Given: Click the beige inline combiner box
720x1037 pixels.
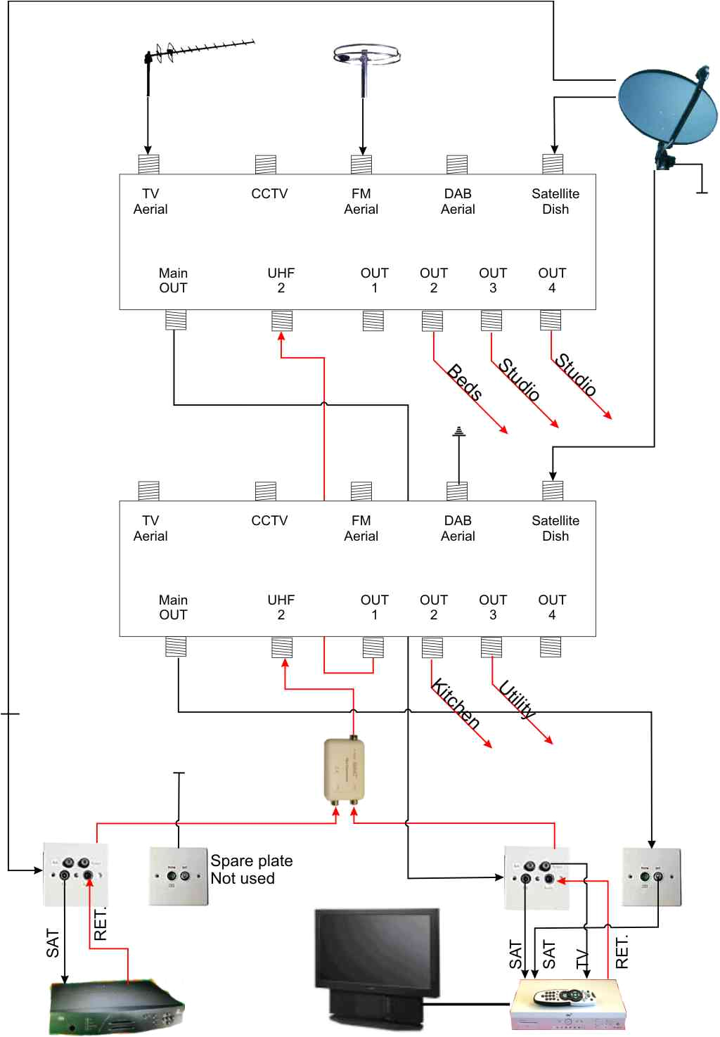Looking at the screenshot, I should [344, 770].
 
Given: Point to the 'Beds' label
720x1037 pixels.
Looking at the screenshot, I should [465, 382].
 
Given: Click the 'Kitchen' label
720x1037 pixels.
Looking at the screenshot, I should [456, 704].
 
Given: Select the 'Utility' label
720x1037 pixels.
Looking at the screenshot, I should [517, 700].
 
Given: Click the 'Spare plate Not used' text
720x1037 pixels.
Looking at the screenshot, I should [251, 870].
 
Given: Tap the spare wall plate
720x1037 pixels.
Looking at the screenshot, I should [179, 876].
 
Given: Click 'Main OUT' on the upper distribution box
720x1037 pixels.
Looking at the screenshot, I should [173, 281].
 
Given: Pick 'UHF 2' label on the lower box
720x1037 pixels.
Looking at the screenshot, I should [281, 607].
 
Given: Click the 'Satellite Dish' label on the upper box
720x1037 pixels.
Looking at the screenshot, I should [555, 201].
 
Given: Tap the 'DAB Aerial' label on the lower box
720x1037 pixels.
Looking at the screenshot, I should [458, 528].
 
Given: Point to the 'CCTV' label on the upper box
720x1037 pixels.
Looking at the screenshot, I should [269, 193].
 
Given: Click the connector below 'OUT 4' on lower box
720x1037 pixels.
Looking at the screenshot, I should [551, 647].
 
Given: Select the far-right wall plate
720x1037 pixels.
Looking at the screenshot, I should [651, 877].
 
